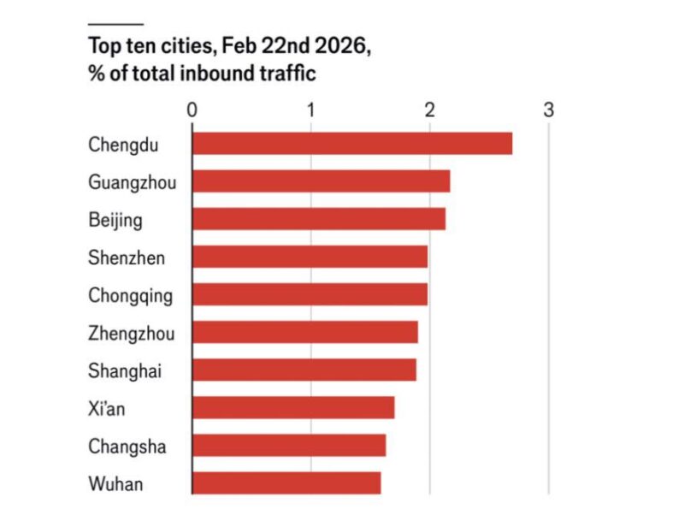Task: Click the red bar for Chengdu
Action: pyautogui.click(x=351, y=144)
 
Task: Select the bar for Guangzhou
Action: pyautogui.click(x=321, y=181)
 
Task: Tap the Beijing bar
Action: pyautogui.click(x=318, y=219)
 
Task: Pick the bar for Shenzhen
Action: pyautogui.click(x=310, y=257)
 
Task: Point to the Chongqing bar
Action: pyautogui.click(x=310, y=294)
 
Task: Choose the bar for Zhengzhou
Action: pyautogui.click(x=304, y=332)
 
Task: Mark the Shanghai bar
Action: pyautogui.click(x=304, y=370)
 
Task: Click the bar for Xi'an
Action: pyautogui.click(x=293, y=408)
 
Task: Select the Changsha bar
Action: pyautogui.click(x=289, y=446)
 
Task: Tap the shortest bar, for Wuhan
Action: pyautogui.click(x=286, y=483)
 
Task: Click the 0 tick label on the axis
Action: pyautogui.click(x=192, y=110)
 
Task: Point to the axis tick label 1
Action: pyautogui.click(x=311, y=110)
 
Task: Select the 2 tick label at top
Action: pyautogui.click(x=430, y=110)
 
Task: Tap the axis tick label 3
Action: pyautogui.click(x=548, y=110)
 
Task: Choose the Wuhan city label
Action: pyautogui.click(x=115, y=483)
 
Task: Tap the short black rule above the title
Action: pyautogui.click(x=115, y=23)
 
